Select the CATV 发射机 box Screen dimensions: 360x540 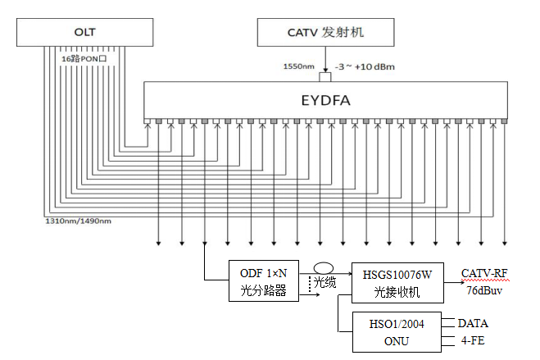[x=326, y=33]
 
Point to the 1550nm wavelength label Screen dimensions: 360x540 [x=297, y=66]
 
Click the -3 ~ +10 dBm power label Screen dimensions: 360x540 [x=364, y=66]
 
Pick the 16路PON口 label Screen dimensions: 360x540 [x=85, y=59]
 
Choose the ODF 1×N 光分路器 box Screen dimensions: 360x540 [x=258, y=281]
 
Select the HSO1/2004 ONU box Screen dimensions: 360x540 [x=390, y=332]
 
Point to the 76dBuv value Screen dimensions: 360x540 [x=483, y=289]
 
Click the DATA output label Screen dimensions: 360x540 [x=474, y=323]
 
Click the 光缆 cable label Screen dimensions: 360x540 [x=326, y=281]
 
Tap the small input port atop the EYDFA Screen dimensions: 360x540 [x=326, y=77]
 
